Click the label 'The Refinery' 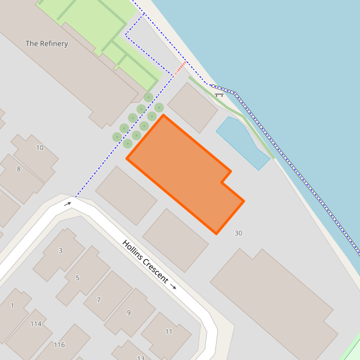(x=46, y=44)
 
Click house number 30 (x=238, y=233)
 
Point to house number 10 (x=40, y=148)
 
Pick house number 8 (x=18, y=169)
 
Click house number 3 (x=61, y=251)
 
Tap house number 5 (x=77, y=278)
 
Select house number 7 (x=99, y=300)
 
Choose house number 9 (x=129, y=313)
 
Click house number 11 (x=168, y=332)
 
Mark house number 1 (x=12, y=306)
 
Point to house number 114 (x=36, y=324)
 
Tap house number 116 (x=60, y=345)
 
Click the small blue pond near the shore (x=242, y=141)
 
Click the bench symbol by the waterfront (x=219, y=96)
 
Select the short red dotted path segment (x=181, y=67)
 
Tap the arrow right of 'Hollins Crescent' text (x=173, y=286)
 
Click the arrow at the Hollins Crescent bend (x=67, y=204)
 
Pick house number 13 (x=141, y=357)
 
